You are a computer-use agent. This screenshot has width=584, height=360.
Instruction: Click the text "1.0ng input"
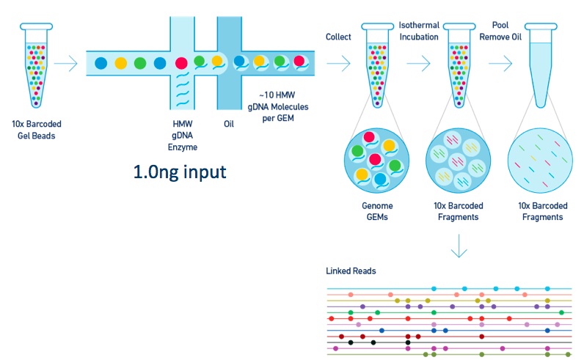[180, 172]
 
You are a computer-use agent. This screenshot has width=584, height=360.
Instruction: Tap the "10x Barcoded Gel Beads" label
[37, 130]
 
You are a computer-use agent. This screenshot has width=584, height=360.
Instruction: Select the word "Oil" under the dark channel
[229, 124]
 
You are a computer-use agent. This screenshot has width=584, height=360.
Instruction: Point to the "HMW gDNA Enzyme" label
[183, 136]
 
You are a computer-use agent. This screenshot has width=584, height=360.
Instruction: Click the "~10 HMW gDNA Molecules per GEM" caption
[278, 106]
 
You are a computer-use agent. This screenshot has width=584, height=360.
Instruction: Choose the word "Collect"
[338, 37]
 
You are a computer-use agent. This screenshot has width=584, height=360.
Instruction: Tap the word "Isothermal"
[419, 26]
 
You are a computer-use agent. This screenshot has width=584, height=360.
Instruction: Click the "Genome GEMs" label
[377, 211]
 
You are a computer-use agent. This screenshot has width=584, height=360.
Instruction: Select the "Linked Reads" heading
[351, 271]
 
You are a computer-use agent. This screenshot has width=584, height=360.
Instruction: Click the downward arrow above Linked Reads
[459, 246]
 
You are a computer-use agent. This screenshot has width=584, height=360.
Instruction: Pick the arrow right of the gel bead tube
[65, 64]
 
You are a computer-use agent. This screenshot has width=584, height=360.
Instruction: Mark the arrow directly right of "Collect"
[338, 64]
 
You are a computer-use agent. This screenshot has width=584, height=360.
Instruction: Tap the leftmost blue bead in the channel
[101, 63]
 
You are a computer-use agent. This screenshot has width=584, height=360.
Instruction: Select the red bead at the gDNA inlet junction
[181, 63]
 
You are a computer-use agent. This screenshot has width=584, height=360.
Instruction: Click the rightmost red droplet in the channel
[300, 62]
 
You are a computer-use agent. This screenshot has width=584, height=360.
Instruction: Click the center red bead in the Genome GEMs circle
[375, 160]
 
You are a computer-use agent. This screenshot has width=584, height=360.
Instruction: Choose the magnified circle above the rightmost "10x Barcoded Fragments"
[541, 161]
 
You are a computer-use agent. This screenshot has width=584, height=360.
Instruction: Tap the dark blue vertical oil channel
[230, 63]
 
